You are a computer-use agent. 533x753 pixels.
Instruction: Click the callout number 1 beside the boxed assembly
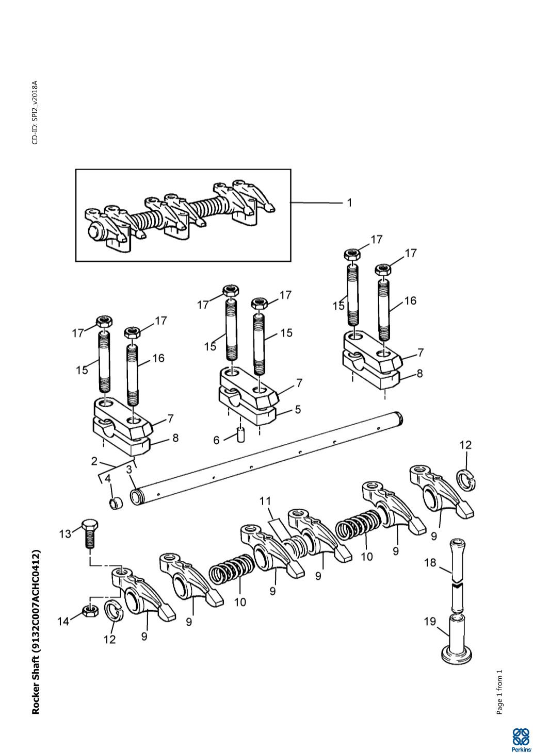pos(349,203)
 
